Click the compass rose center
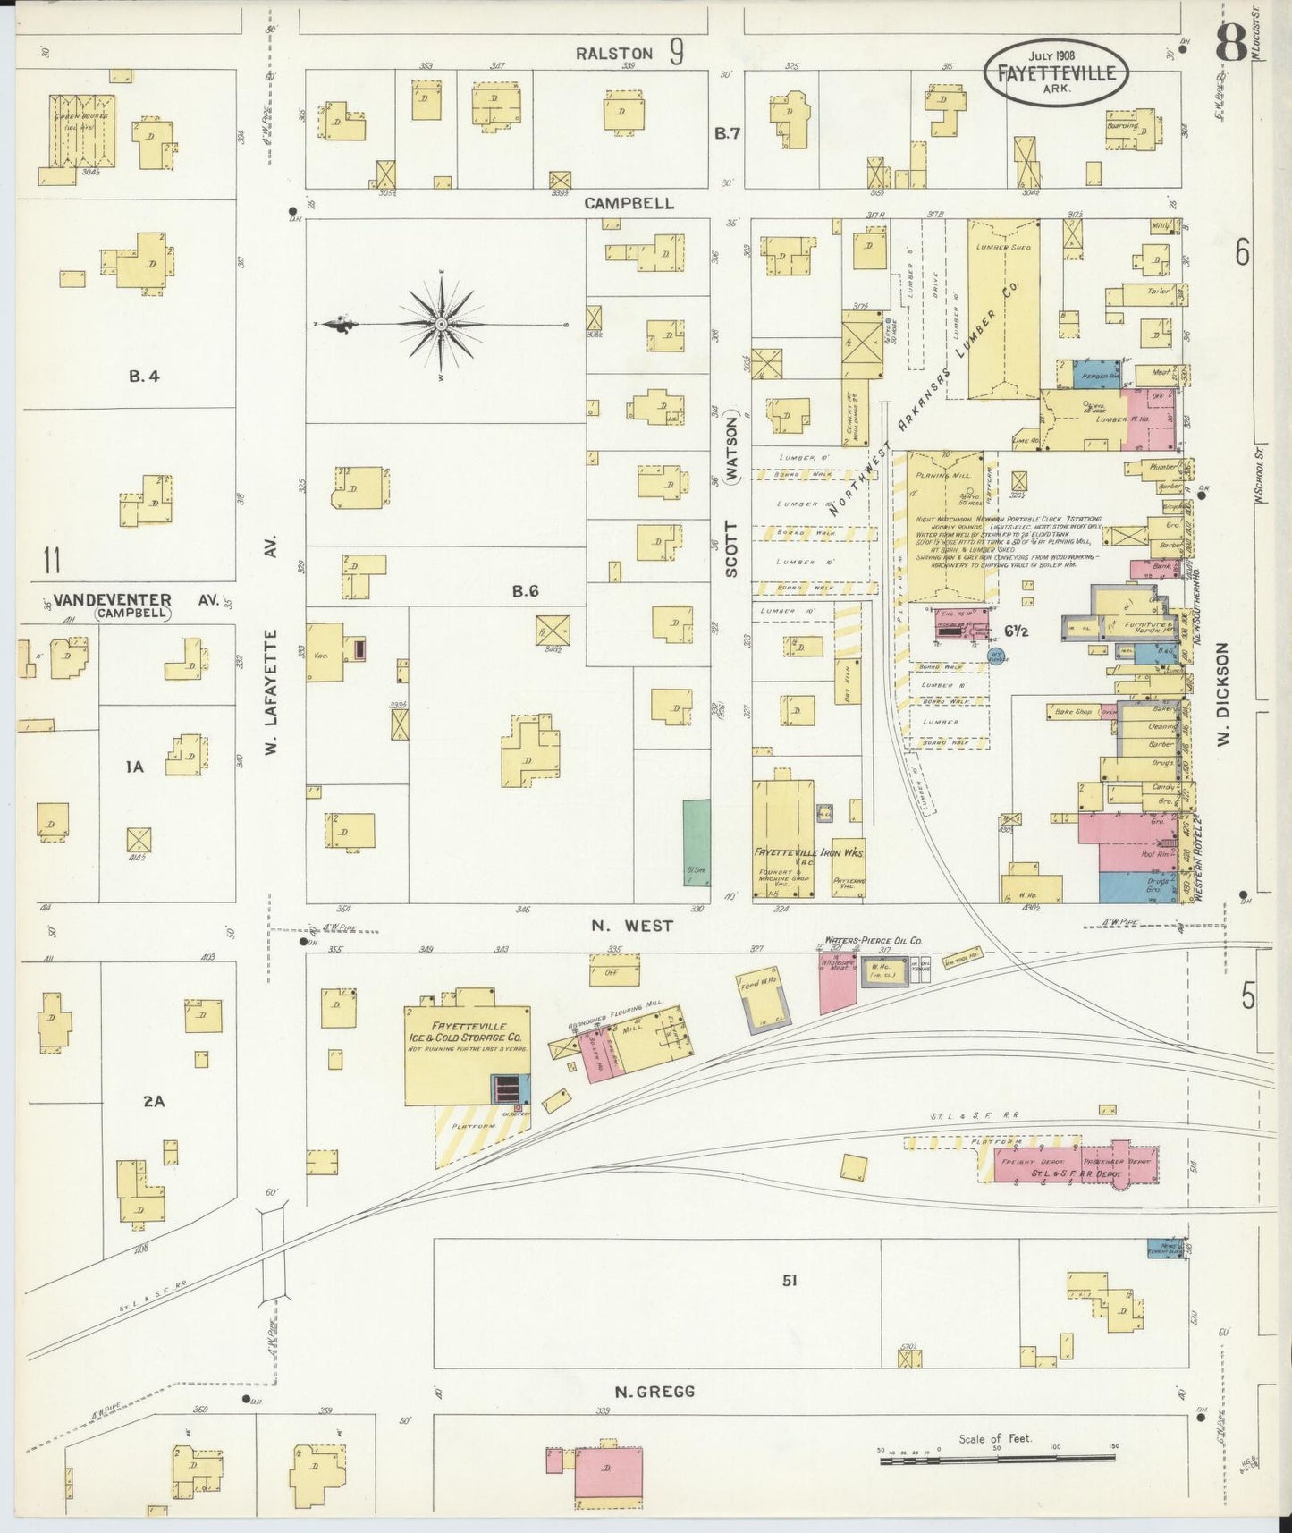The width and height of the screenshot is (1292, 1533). (441, 324)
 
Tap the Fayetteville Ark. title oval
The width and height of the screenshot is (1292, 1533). (1056, 67)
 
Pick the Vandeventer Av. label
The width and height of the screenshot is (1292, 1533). (134, 600)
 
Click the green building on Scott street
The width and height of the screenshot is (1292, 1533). (697, 842)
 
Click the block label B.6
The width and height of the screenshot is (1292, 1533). (525, 591)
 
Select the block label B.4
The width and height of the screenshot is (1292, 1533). (143, 377)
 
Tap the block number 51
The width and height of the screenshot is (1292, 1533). (789, 1281)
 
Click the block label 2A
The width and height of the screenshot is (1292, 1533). (154, 1102)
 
